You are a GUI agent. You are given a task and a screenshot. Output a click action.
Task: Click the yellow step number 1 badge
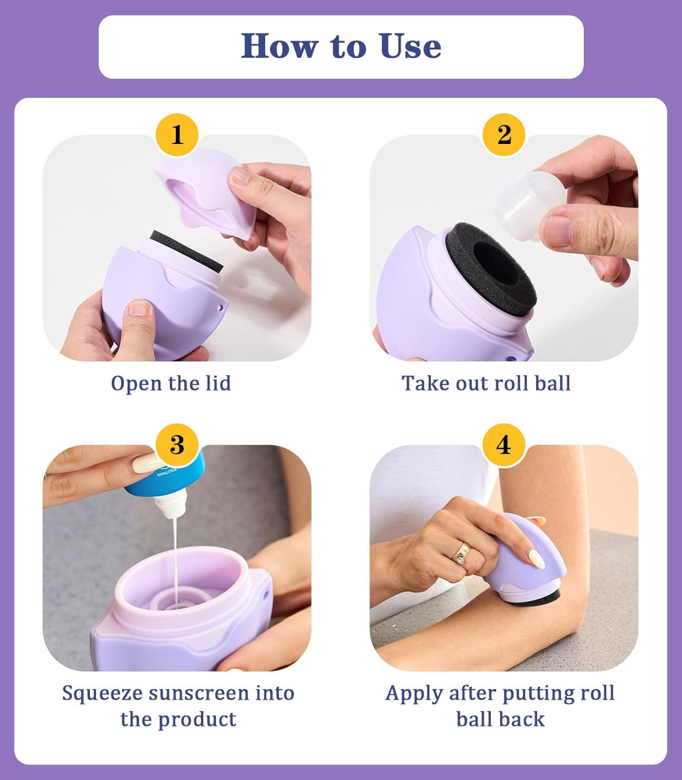point(177,135)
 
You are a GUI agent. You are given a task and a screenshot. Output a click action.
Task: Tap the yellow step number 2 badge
point(504,135)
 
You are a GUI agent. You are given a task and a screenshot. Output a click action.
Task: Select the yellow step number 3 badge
point(177,445)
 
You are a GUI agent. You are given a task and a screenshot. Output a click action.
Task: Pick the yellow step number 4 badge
point(504,445)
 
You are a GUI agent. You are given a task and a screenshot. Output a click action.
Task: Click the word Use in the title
point(410,46)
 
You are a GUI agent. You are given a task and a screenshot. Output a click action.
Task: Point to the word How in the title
point(279,46)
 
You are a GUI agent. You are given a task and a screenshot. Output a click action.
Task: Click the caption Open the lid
point(171,383)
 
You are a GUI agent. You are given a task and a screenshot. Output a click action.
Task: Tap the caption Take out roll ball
point(486,383)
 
